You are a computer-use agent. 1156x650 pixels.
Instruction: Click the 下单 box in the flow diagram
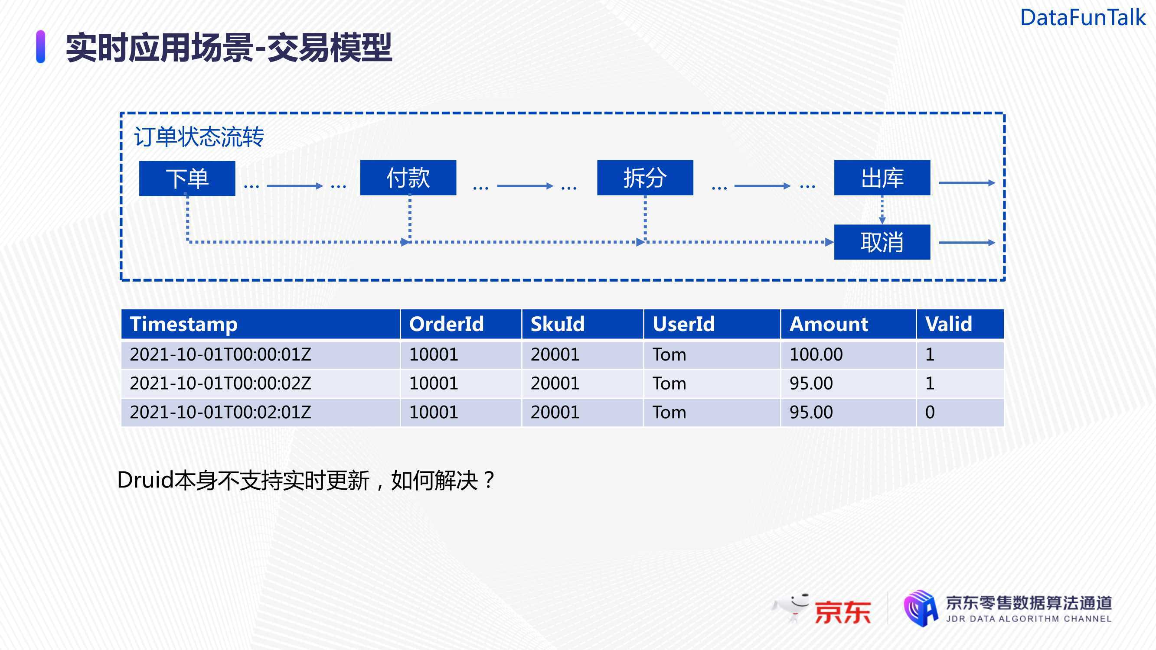pos(187,179)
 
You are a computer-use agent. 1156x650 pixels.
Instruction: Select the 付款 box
pos(408,178)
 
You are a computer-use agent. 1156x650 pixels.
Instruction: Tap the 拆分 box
pos(645,178)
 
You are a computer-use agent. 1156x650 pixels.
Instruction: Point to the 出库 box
pos(882,178)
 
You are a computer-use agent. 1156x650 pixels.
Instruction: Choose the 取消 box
pos(882,242)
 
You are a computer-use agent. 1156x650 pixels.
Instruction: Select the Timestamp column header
pos(260,324)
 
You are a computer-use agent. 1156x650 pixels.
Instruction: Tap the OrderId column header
pos(461,324)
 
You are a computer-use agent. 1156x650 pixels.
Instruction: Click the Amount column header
pos(848,324)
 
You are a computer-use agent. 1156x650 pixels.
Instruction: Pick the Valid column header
pos(960,324)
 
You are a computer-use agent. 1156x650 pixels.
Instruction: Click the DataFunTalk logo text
pos(1083,17)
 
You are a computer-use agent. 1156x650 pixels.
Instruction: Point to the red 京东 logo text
pos(843,612)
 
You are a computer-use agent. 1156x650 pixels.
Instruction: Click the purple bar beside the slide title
pos(40,47)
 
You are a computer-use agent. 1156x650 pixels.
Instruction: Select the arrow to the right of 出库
pos(967,182)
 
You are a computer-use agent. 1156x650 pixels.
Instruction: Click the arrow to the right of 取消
pos(967,243)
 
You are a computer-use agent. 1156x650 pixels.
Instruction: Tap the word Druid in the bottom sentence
pos(145,480)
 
